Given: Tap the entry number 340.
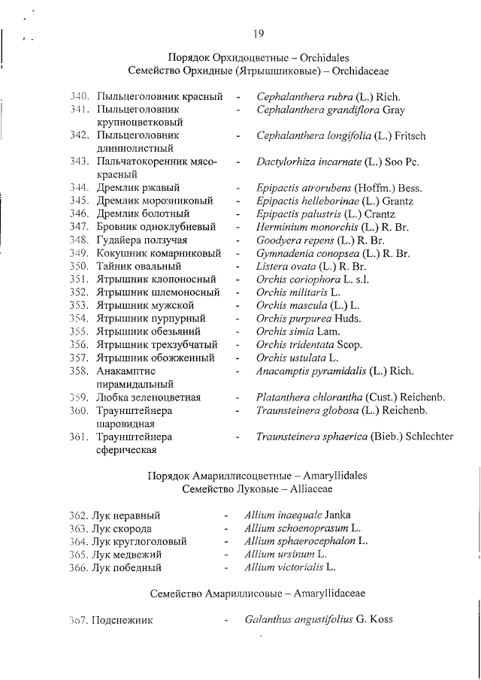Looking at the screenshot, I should point(80,96).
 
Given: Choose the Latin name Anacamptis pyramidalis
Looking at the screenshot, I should point(313,370).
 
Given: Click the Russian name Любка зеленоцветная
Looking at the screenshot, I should point(148,397).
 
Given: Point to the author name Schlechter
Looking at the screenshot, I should point(429,436).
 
